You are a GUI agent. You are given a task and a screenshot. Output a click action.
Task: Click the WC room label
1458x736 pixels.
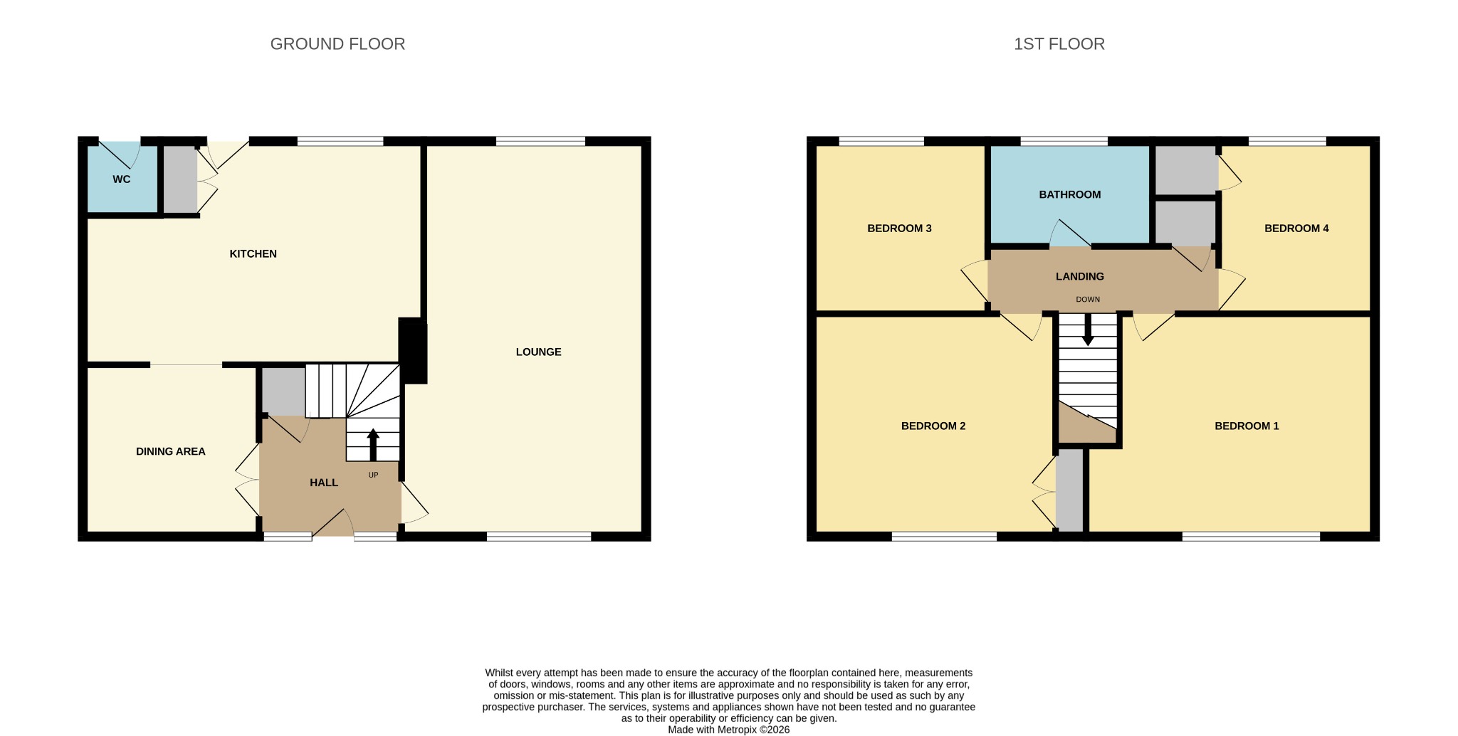(122, 179)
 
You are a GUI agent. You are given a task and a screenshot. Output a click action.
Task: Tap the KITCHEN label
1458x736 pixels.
(253, 254)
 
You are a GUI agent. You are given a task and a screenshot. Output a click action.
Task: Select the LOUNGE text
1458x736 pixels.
(538, 352)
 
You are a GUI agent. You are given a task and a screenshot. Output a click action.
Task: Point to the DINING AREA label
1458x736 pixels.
(170, 451)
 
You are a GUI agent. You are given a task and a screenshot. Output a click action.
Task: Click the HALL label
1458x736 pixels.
(324, 483)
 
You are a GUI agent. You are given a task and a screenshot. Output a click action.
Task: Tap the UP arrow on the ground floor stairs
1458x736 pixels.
(373, 445)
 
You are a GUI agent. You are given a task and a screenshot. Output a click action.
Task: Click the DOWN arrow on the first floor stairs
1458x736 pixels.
(1088, 330)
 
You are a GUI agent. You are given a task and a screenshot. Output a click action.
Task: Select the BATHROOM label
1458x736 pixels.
(1069, 194)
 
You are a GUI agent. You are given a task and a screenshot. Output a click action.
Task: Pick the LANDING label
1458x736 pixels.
(1080, 276)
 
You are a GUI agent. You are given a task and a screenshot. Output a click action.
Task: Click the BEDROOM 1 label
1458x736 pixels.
(1247, 426)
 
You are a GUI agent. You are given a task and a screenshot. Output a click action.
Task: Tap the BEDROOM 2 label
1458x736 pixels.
(933, 426)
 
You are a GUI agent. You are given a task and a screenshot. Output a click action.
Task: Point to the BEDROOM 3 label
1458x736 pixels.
(899, 228)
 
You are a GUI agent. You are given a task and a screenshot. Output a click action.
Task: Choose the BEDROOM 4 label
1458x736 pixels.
(1296, 228)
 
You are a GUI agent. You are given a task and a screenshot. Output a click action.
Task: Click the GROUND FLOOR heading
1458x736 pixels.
(337, 44)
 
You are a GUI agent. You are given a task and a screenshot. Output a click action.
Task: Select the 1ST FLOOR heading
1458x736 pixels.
(1059, 44)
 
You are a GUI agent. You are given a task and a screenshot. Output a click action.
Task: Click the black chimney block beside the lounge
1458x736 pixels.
(413, 351)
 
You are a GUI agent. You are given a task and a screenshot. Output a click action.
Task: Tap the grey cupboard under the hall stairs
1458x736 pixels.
(284, 391)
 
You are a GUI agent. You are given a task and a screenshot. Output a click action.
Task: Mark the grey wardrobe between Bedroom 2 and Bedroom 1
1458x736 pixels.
(1069, 489)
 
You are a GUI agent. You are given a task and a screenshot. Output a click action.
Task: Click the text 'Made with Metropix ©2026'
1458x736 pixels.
(728, 730)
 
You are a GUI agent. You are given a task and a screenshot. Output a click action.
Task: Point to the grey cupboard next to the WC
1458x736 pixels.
(180, 179)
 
